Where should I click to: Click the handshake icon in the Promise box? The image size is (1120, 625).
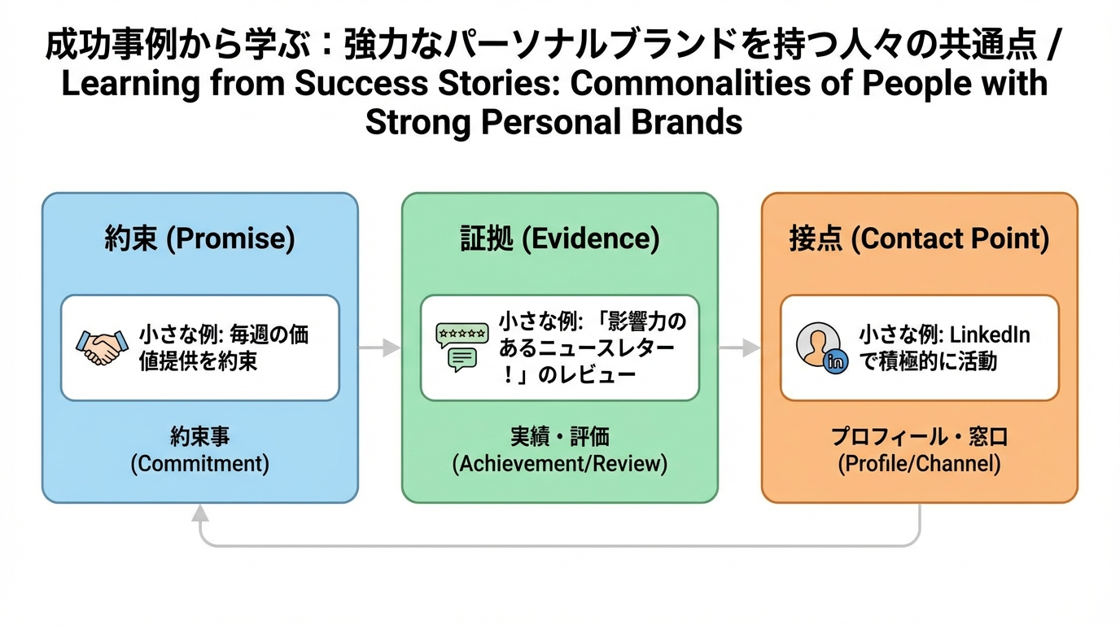102,347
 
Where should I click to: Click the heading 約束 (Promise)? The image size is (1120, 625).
199,238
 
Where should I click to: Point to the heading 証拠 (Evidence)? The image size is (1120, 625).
559,238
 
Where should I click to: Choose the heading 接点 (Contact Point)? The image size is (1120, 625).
919,238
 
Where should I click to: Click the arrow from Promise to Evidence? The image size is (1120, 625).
379,347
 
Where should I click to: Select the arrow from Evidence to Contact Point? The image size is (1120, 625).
739,347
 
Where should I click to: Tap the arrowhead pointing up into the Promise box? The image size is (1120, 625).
199,510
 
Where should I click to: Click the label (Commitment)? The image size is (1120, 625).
199,464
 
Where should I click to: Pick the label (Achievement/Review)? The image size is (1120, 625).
559,464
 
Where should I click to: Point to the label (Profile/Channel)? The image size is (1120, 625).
919,464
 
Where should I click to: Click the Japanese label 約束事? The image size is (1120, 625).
199,437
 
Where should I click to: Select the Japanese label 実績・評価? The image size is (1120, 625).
559,437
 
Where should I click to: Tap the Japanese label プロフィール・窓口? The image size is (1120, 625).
919,437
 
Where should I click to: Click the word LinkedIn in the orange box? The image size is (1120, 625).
990,334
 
